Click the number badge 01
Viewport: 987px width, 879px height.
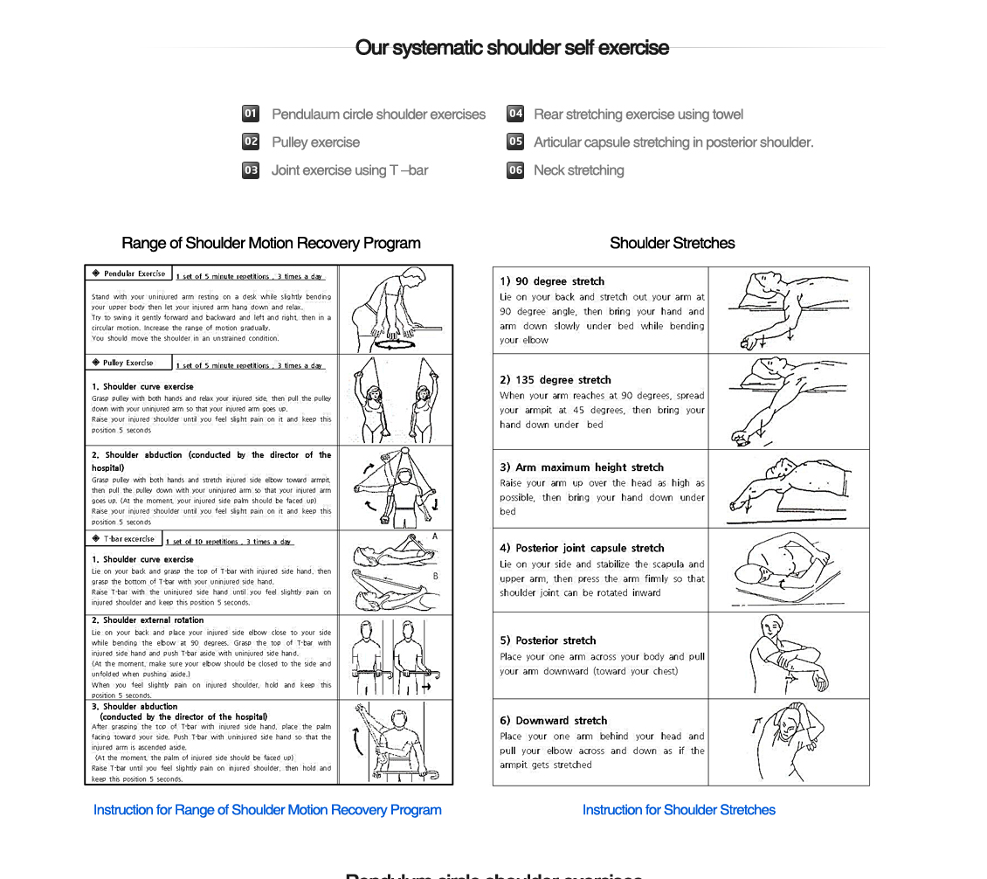pos(251,114)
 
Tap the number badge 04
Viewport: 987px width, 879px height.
pos(515,114)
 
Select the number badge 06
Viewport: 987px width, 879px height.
pos(515,170)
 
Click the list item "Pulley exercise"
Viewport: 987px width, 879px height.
pos(315,142)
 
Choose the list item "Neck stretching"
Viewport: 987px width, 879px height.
pos(578,170)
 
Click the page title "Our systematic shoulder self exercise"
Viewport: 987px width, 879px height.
pos(512,48)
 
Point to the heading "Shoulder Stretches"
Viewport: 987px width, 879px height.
pos(672,243)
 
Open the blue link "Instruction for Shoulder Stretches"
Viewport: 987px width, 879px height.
pos(679,810)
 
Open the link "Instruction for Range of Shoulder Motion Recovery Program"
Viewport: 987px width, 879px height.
pos(267,810)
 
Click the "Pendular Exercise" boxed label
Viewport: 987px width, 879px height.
pos(129,273)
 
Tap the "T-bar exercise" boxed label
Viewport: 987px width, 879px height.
pos(124,539)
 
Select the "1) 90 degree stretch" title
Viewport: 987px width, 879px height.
pos(552,281)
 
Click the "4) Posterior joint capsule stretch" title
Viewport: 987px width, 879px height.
pos(582,548)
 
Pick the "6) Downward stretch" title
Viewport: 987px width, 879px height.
pos(553,721)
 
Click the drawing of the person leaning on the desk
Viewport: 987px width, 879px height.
pos(396,309)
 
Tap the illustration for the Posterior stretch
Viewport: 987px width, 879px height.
pos(788,655)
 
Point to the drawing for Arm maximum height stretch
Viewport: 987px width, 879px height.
pos(788,488)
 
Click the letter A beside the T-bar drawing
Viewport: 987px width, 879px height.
pos(435,536)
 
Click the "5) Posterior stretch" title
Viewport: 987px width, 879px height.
pos(548,640)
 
